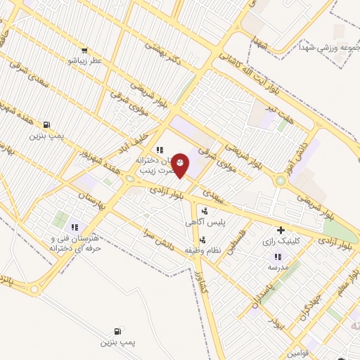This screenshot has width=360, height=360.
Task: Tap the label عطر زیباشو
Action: point(84,61)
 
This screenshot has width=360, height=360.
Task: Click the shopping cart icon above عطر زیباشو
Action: point(84,51)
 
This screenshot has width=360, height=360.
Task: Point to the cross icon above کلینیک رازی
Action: point(281,230)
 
